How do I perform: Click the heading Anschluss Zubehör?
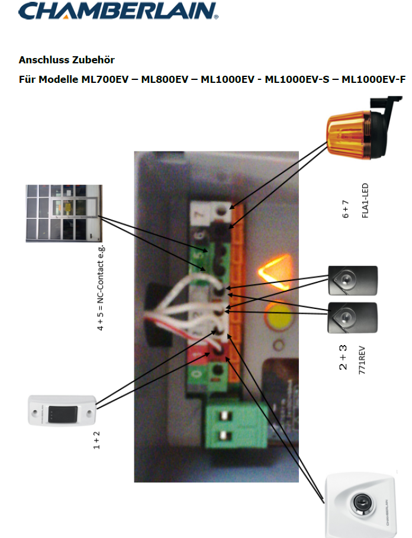(66, 60)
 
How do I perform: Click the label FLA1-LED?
(364, 201)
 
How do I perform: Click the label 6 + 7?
(346, 208)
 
